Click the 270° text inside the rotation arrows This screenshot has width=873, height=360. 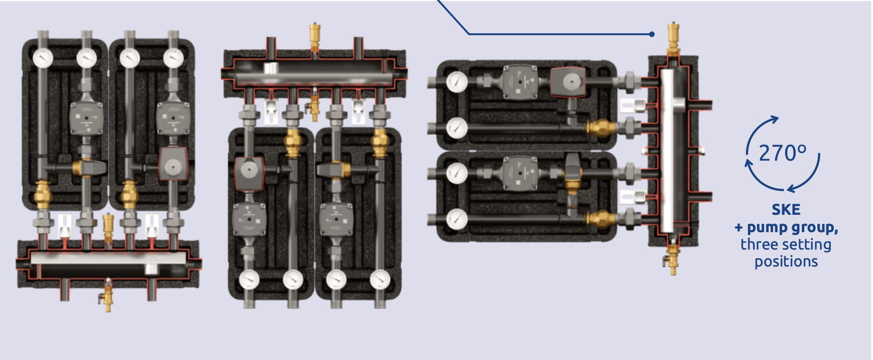coord(783,153)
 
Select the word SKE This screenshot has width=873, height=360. coord(786,210)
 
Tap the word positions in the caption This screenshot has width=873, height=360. coord(786,262)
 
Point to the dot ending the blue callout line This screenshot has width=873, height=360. coord(652,34)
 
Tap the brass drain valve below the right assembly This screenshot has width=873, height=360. coord(673,259)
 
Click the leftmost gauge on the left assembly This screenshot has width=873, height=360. coord(43,57)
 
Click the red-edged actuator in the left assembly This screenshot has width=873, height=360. coord(173,163)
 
